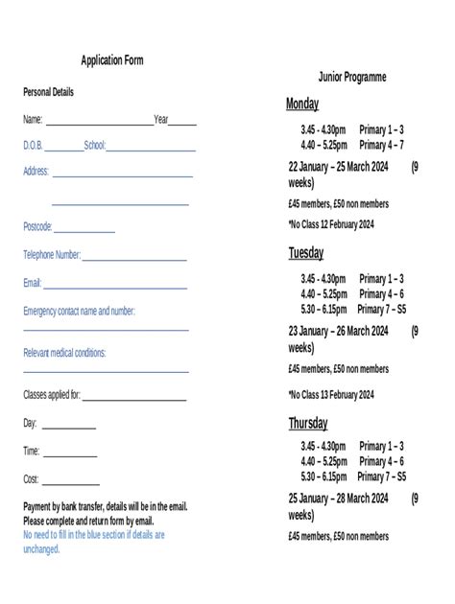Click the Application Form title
click(112, 60)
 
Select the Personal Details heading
click(48, 92)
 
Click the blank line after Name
click(99, 124)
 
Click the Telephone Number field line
click(134, 260)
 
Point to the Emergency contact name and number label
click(79, 312)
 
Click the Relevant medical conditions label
click(64, 353)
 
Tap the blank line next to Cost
click(70, 483)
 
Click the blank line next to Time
click(70, 455)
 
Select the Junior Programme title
click(352, 77)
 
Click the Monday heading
click(302, 104)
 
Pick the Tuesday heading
click(306, 253)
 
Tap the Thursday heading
click(308, 423)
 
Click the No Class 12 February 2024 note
click(330, 224)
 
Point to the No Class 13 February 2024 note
click(330, 394)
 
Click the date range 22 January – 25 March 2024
click(338, 167)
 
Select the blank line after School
click(151, 150)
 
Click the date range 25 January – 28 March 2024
click(338, 499)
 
